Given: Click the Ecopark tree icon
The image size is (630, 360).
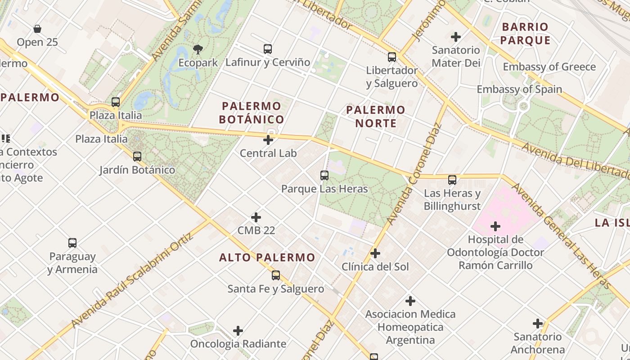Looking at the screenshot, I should coord(198,49).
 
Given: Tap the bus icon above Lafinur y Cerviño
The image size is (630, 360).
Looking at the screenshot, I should coord(268,49).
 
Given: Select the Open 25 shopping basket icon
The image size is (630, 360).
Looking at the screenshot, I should coord(37,29).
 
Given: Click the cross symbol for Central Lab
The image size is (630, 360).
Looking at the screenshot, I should coord(268,140).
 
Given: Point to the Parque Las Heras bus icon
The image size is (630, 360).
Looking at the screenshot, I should coord(324,175).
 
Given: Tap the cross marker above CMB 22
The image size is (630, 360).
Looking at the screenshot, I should coord(256,217).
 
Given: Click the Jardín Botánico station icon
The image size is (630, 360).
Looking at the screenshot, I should coord(137,157).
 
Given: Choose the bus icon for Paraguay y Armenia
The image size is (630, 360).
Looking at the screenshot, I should coord(72,243).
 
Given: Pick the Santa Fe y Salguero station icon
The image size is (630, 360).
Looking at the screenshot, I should coord(276,275).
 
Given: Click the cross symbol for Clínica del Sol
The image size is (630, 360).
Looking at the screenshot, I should coord(375,253).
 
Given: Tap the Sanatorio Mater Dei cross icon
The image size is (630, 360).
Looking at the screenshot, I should coord(456,36).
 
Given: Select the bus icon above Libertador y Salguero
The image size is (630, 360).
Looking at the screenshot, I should coord(392,57).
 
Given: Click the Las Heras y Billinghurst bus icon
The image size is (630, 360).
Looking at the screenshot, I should coord(452,180).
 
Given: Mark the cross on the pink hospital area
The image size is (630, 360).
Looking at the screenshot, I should coord(495,226).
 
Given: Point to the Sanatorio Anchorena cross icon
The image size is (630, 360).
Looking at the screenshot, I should coord(538,323).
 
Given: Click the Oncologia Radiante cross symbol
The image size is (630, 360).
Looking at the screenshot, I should coord(238,331).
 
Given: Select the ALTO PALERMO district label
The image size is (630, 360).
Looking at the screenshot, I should coord(267,257).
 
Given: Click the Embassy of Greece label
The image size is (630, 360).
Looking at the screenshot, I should coord(549,67).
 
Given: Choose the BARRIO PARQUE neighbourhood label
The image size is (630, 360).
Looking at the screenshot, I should coord(525,33).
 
